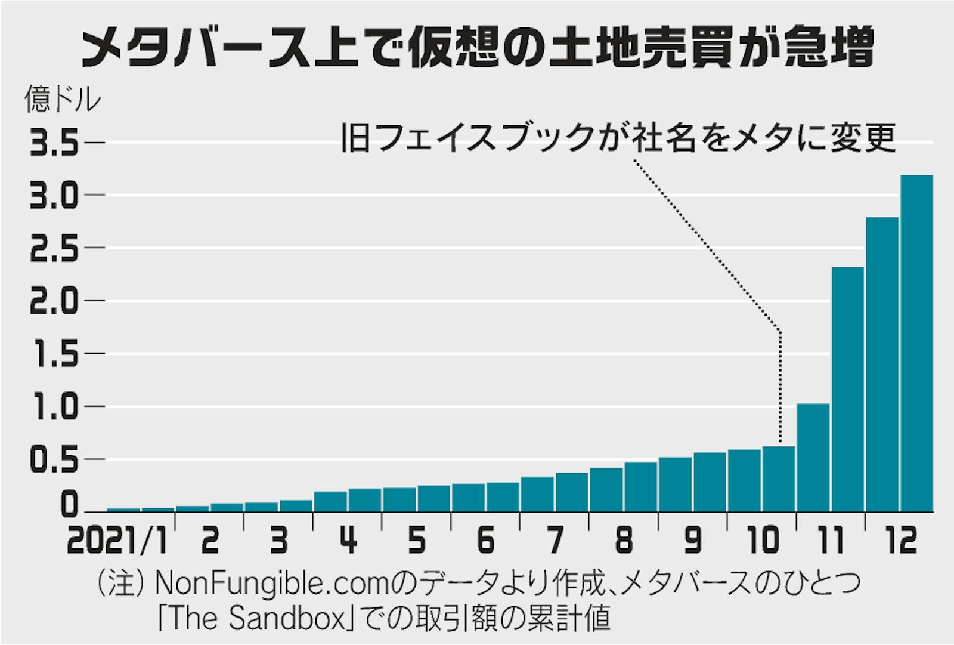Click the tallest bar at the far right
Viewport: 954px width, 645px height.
point(916,343)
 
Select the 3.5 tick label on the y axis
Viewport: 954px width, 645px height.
point(54,144)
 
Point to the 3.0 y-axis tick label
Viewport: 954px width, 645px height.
point(54,196)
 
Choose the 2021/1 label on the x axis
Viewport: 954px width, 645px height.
point(117,541)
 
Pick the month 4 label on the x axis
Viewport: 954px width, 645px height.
point(348,541)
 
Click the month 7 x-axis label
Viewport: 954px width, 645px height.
point(556,541)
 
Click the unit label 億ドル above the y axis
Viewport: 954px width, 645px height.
point(63,100)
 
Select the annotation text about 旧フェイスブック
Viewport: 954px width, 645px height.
point(618,138)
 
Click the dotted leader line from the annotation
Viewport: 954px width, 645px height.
point(710,245)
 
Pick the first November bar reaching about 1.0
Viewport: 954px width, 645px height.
point(813,458)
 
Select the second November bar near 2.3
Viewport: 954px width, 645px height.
point(847,389)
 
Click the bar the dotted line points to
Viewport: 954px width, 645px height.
point(779,479)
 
